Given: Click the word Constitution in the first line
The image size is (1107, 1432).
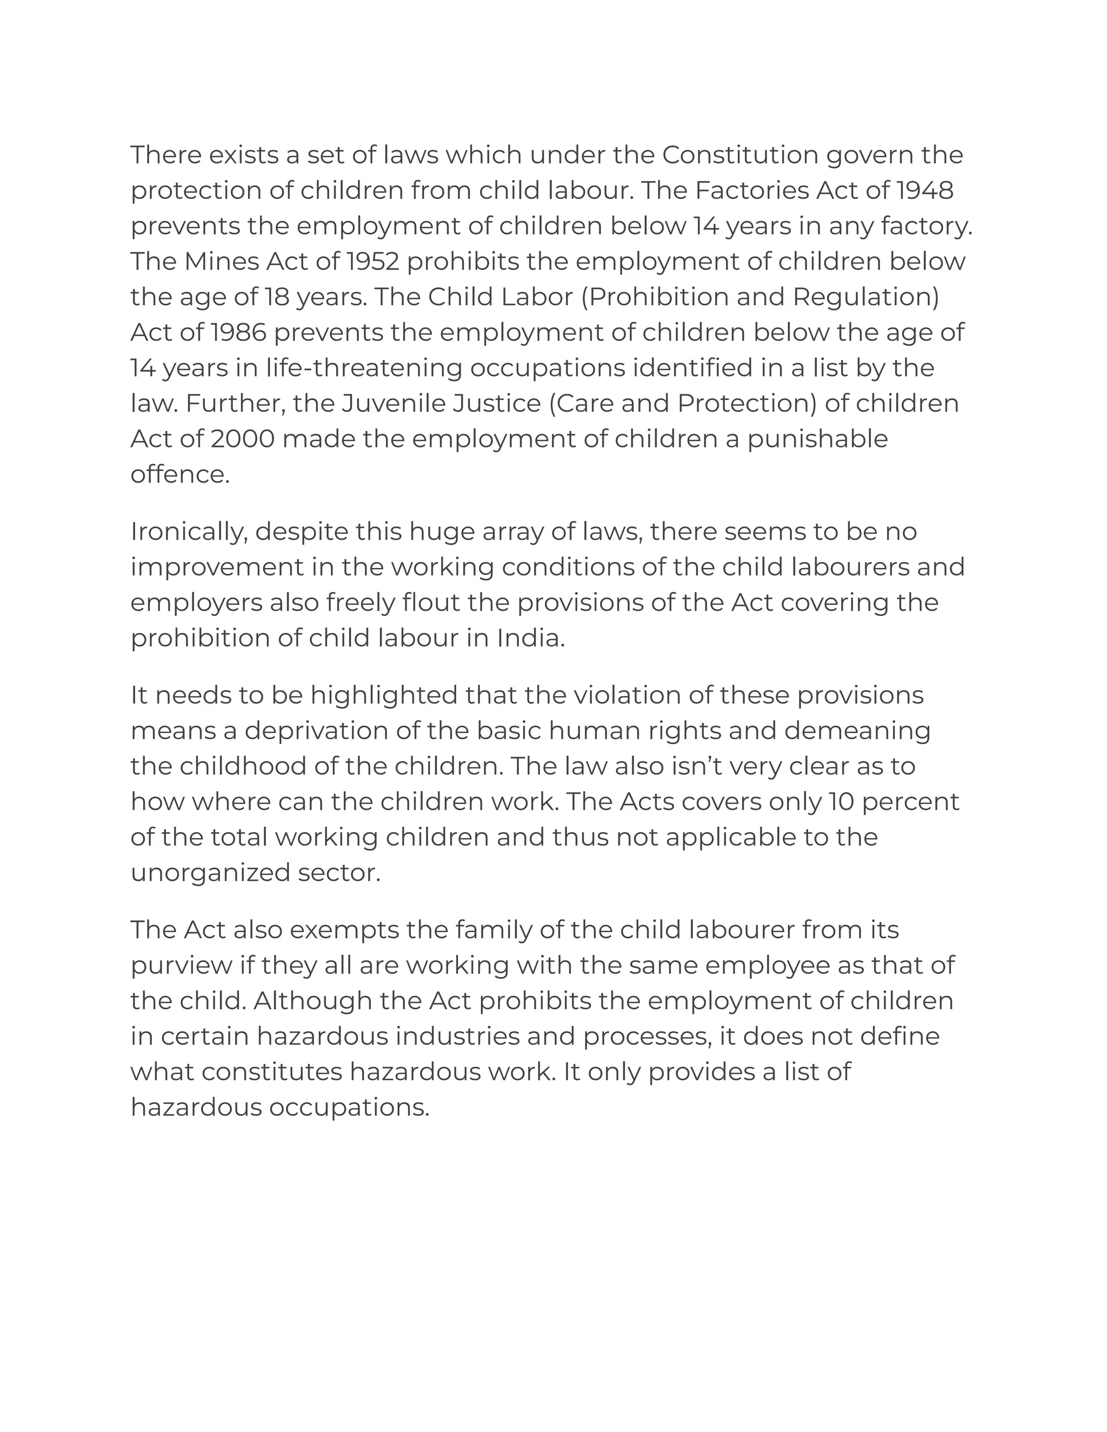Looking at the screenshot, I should [x=740, y=156].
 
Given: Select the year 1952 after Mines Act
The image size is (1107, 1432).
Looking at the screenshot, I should [x=372, y=262].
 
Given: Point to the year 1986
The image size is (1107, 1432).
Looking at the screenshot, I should [x=239, y=332].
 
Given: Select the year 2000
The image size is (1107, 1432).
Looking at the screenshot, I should [x=243, y=439].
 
